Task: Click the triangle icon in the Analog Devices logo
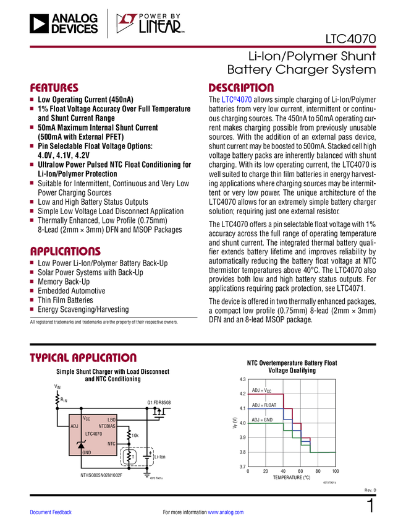click(x=38, y=24)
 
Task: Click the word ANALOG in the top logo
click(x=74, y=19)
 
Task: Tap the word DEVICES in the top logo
click(x=74, y=28)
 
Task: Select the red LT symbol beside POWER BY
click(x=126, y=24)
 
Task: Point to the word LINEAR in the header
click(x=160, y=27)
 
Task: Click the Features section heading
click(x=54, y=88)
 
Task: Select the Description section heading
click(x=241, y=88)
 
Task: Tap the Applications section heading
click(x=66, y=252)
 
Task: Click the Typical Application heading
click(x=83, y=358)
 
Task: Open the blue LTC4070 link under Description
click(x=237, y=100)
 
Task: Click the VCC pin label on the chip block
click(x=87, y=419)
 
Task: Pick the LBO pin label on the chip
click(x=111, y=420)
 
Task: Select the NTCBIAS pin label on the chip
click(x=107, y=426)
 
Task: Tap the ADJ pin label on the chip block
click(x=74, y=426)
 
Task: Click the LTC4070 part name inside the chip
click(x=93, y=434)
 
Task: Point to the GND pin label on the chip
click(x=87, y=452)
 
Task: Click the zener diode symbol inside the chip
click(x=80, y=444)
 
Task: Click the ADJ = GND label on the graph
click(x=262, y=420)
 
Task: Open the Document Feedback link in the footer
click(x=51, y=512)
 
